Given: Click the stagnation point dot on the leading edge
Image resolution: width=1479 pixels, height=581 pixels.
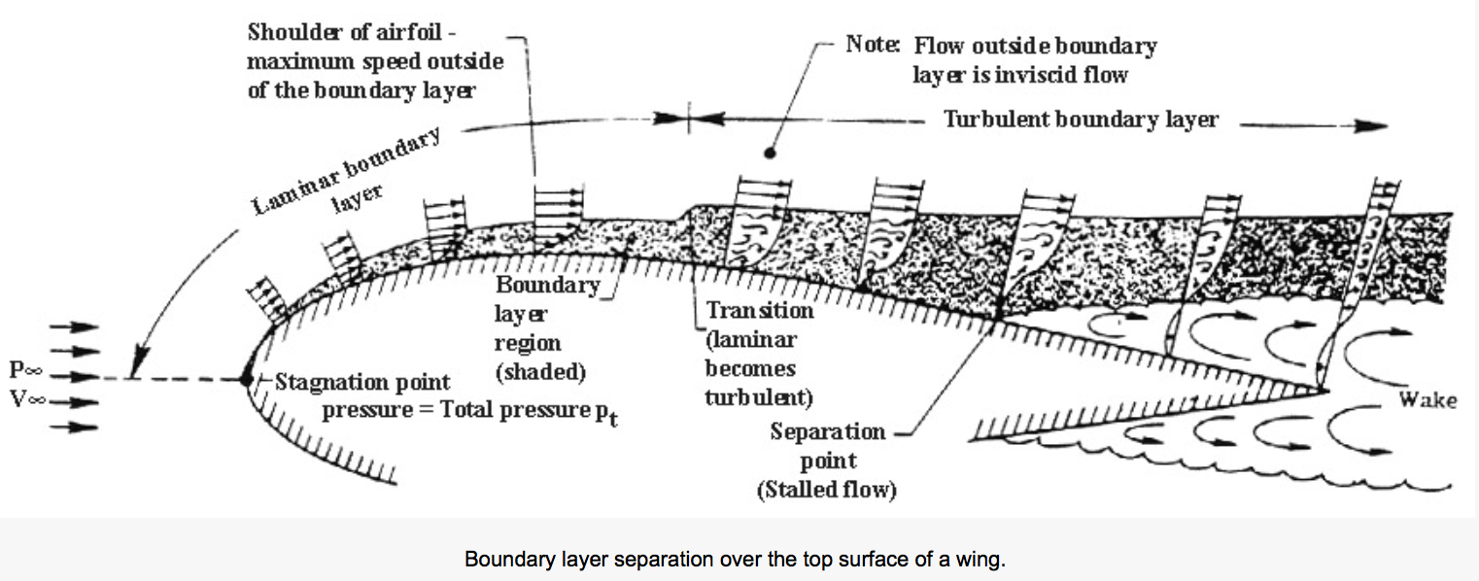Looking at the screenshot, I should (x=247, y=379).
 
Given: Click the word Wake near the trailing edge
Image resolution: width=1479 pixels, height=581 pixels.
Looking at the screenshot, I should (x=1427, y=400).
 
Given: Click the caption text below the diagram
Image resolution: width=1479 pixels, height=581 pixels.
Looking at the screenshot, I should (x=739, y=560).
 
